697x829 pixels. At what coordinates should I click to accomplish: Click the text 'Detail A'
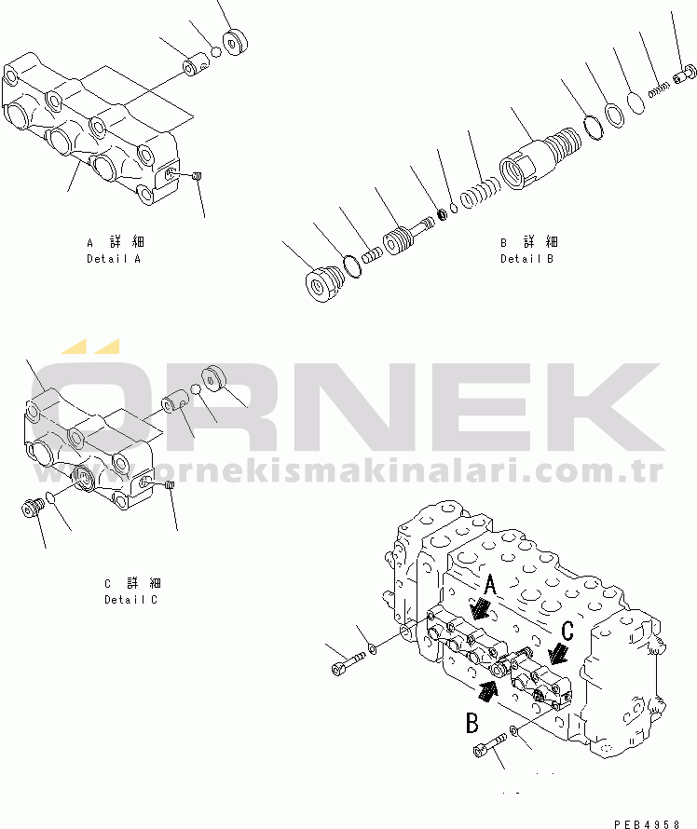pyautogui.click(x=114, y=259)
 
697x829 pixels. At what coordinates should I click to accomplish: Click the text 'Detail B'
pyautogui.click(x=527, y=259)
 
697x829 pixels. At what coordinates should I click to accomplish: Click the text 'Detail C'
pyautogui.click(x=131, y=600)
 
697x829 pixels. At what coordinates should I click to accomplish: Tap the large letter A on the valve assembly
pyautogui.click(x=490, y=585)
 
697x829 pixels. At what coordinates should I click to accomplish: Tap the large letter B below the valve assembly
pyautogui.click(x=472, y=722)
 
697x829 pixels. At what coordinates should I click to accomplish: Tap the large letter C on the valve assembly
pyautogui.click(x=567, y=631)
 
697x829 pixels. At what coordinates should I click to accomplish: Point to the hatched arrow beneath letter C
pyautogui.click(x=558, y=654)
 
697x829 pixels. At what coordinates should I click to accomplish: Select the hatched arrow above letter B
pyautogui.click(x=488, y=691)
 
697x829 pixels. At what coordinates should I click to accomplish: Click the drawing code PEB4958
pyautogui.click(x=647, y=823)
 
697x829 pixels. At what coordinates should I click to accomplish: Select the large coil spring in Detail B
pyautogui.click(x=480, y=193)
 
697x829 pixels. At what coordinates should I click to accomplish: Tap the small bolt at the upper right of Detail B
pyautogui.click(x=685, y=75)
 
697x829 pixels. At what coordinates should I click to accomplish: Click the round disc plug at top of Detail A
pyautogui.click(x=236, y=42)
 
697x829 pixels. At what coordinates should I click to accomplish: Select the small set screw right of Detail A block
pyautogui.click(x=198, y=176)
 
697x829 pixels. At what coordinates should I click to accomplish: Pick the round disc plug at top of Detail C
pyautogui.click(x=213, y=378)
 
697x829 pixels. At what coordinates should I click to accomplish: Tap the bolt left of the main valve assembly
pyautogui.click(x=348, y=664)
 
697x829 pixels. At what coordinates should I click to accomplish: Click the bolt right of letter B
pyautogui.click(x=491, y=744)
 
